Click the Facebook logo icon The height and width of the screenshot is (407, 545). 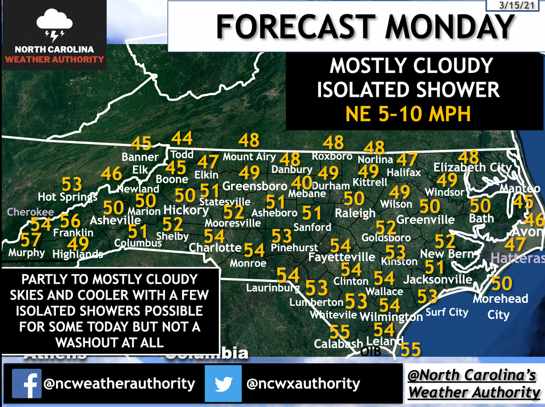point(27,383)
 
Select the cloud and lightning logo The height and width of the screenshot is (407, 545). point(54,26)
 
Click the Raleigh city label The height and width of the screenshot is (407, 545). point(355,213)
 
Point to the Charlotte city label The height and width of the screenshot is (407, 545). point(215,247)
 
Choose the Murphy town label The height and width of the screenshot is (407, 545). point(27,252)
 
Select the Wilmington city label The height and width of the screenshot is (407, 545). point(391,317)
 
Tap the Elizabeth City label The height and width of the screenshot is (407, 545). point(472,168)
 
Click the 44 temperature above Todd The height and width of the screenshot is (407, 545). point(181,139)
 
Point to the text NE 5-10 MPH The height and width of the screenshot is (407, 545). point(409,114)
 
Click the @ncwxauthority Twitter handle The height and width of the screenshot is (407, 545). point(302,384)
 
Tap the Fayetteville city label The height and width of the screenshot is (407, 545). point(342,258)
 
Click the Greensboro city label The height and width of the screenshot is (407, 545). point(254,186)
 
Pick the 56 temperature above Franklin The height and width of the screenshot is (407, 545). point(70,220)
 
